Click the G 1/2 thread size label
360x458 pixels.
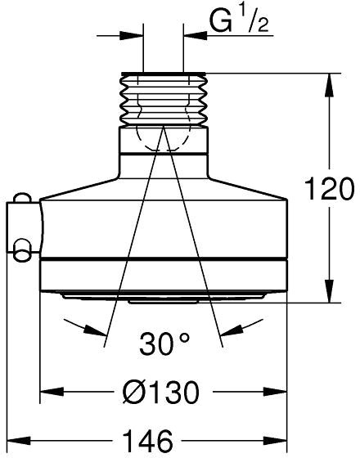click(239, 21)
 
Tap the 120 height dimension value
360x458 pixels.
click(329, 188)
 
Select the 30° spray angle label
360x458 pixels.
click(164, 343)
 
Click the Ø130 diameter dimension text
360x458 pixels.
click(160, 392)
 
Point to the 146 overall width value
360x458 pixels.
click(147, 440)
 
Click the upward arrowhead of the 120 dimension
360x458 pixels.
click(329, 85)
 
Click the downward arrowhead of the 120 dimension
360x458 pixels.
click(329, 291)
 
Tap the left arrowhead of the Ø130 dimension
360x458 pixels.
click(52, 392)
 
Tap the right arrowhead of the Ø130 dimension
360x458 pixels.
click(275, 392)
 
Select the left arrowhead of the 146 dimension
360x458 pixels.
click(19, 441)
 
